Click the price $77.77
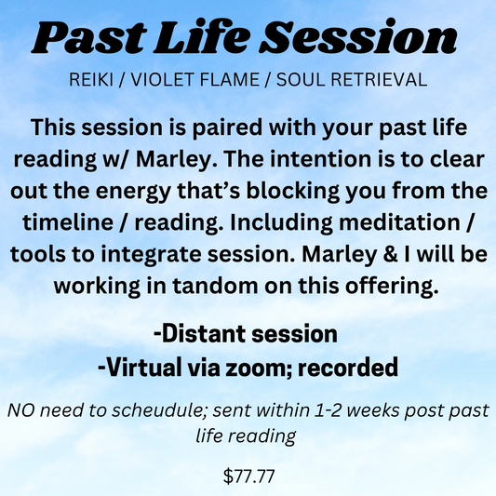pos(248,477)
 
